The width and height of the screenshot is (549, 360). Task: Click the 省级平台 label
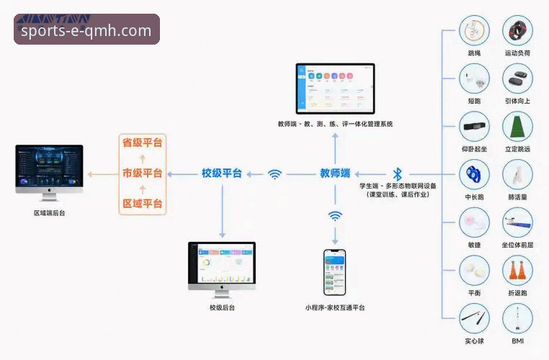[142, 143]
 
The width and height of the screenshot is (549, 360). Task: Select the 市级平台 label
[142, 174]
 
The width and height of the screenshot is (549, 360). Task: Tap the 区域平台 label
[142, 204]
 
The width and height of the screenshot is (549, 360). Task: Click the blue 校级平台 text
[221, 174]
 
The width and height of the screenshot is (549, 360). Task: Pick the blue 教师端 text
[335, 174]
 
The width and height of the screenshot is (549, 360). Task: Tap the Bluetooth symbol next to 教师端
[397, 174]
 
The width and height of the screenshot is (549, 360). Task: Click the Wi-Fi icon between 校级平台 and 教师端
[274, 174]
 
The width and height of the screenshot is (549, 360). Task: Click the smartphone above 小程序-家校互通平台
[334, 271]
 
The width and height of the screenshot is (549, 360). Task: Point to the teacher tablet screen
[335, 89]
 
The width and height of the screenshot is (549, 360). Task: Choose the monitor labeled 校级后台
[222, 265]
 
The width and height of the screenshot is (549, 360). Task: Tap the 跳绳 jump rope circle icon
[474, 31]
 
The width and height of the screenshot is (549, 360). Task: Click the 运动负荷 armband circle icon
[517, 31]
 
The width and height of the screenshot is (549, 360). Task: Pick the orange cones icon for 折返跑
[517, 270]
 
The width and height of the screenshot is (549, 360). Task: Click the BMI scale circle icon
[517, 318]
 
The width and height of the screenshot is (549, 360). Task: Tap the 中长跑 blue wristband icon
[474, 174]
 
